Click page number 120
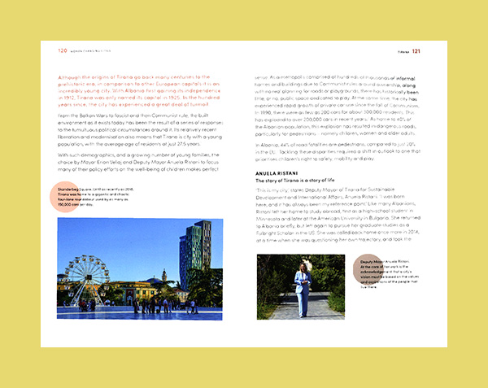62,50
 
